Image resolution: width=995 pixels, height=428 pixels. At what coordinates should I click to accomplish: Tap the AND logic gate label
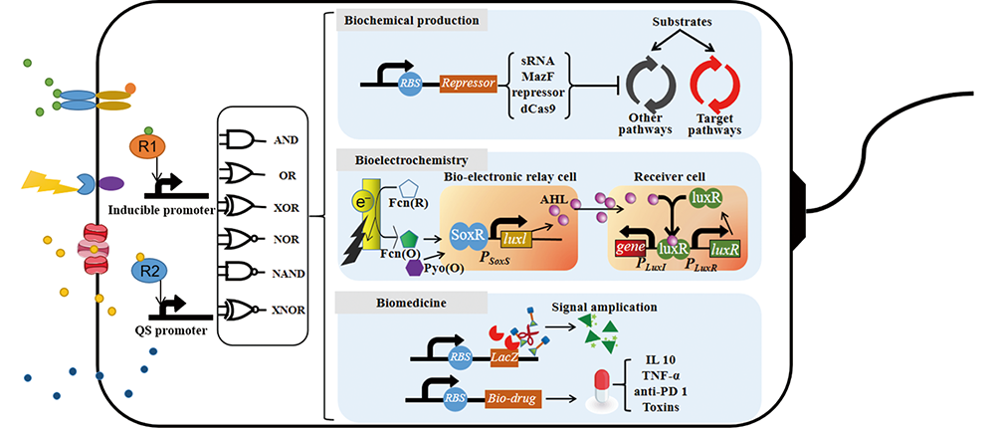[285, 140]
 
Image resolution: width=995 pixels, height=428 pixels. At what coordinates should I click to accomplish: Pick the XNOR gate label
[289, 309]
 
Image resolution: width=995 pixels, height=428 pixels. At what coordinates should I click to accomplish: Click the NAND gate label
[289, 275]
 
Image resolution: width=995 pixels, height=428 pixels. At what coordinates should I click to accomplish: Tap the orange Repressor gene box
[468, 86]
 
